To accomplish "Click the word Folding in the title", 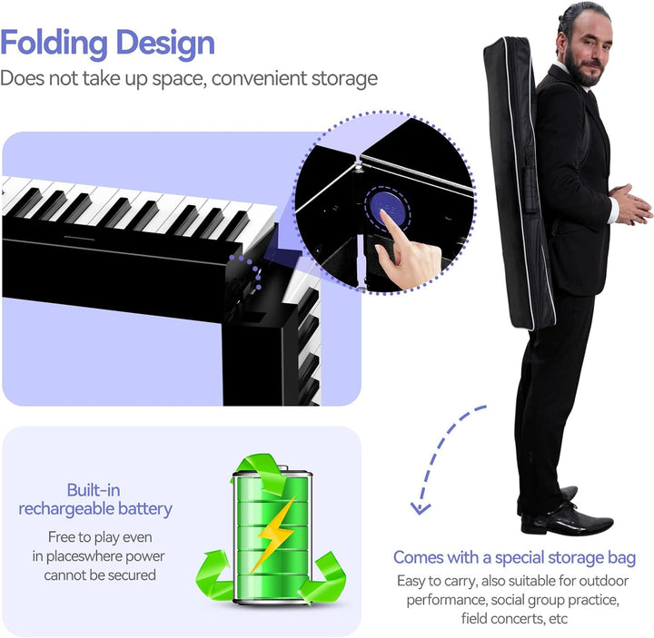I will click(54, 43).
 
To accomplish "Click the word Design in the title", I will click(163, 43).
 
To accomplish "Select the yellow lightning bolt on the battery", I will click(272, 535).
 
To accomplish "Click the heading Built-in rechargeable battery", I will click(95, 499).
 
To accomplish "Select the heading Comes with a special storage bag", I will click(514, 557).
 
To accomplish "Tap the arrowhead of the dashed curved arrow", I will click(420, 507).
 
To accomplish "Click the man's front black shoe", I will click(568, 523).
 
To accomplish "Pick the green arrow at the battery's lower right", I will click(323, 580).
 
